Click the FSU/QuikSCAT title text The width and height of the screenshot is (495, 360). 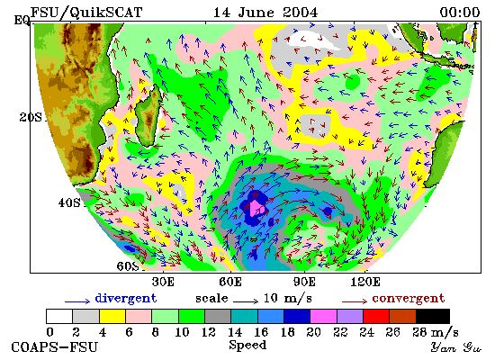86,13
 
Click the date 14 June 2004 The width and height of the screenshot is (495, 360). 265,13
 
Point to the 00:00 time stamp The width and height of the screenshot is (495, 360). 460,13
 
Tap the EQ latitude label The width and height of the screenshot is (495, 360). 22,21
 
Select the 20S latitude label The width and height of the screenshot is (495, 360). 31,118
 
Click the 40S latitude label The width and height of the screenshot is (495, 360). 69,202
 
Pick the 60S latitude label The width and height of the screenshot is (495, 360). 128,266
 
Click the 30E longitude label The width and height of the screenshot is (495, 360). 163,282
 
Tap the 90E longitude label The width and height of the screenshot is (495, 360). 304,282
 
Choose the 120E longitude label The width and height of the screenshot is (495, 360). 365,282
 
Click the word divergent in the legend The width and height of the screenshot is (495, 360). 126,299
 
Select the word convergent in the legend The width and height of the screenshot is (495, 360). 409,299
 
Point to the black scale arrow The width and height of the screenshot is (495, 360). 246,301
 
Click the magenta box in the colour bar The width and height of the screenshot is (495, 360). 323,316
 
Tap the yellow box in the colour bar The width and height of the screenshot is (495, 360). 112,316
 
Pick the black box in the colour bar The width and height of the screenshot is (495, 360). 433,316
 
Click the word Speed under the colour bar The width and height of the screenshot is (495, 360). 247,346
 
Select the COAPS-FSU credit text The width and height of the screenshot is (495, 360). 54,347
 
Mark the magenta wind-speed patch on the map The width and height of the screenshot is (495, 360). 257,209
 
